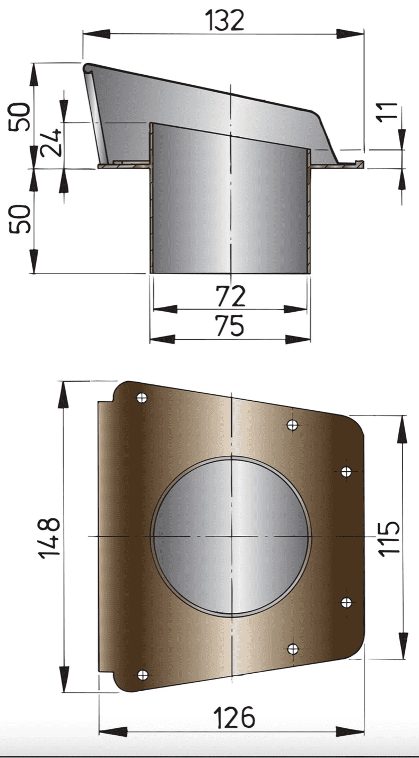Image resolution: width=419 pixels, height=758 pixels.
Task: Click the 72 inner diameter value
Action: click(x=231, y=296)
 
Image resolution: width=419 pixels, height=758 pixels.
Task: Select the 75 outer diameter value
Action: click(x=231, y=326)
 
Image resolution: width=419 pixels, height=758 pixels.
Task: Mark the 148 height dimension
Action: click(x=50, y=537)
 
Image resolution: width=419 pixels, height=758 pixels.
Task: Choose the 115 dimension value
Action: click(x=391, y=537)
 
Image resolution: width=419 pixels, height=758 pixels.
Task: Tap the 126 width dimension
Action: click(x=234, y=718)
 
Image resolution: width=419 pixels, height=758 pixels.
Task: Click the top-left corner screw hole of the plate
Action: click(x=142, y=398)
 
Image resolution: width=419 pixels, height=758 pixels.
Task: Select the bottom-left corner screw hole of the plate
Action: click(x=142, y=674)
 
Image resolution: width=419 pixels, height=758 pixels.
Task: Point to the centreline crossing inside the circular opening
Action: click(x=232, y=536)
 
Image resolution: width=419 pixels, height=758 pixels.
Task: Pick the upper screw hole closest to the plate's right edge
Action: click(x=346, y=471)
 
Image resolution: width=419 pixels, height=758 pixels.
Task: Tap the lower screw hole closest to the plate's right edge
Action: click(x=346, y=602)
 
